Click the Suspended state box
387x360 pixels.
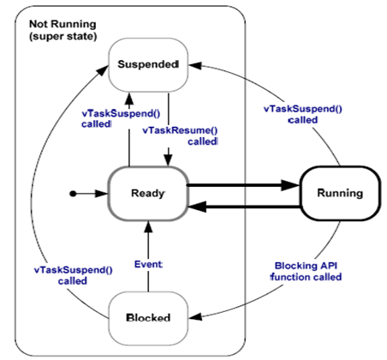pos(148,65)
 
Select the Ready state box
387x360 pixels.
pos(148,194)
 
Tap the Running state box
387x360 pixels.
pos(340,194)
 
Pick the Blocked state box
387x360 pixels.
pos(148,318)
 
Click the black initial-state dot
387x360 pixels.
pos(73,194)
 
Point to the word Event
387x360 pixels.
pos(148,265)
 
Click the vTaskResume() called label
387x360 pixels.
pos(180,135)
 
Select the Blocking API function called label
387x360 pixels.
pos(306,272)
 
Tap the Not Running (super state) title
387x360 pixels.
pos(63,30)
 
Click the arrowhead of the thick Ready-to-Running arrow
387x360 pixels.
pos(290,185)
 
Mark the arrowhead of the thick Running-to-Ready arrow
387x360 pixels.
pos(197,207)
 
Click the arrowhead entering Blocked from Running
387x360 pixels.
pos(196,316)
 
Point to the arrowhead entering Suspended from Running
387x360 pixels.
pos(196,65)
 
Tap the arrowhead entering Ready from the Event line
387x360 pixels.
pos(148,226)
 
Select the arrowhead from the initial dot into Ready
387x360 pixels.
pos(102,194)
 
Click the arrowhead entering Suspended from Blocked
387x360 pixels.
pos(104,70)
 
